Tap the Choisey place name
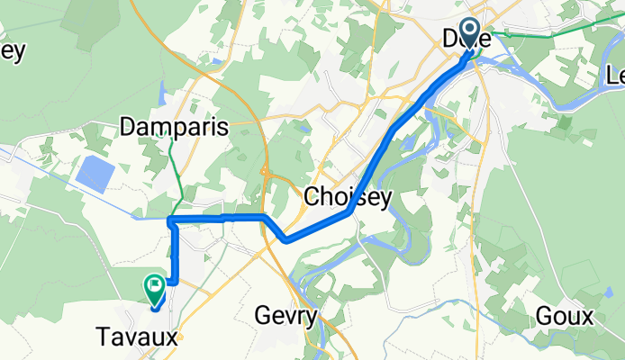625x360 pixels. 349,195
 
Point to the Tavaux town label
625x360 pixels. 136,337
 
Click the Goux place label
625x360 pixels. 565,316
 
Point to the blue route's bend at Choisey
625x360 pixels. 348,213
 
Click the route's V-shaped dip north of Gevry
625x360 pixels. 285,239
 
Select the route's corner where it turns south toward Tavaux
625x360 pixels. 172,220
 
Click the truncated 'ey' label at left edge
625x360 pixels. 11,50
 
